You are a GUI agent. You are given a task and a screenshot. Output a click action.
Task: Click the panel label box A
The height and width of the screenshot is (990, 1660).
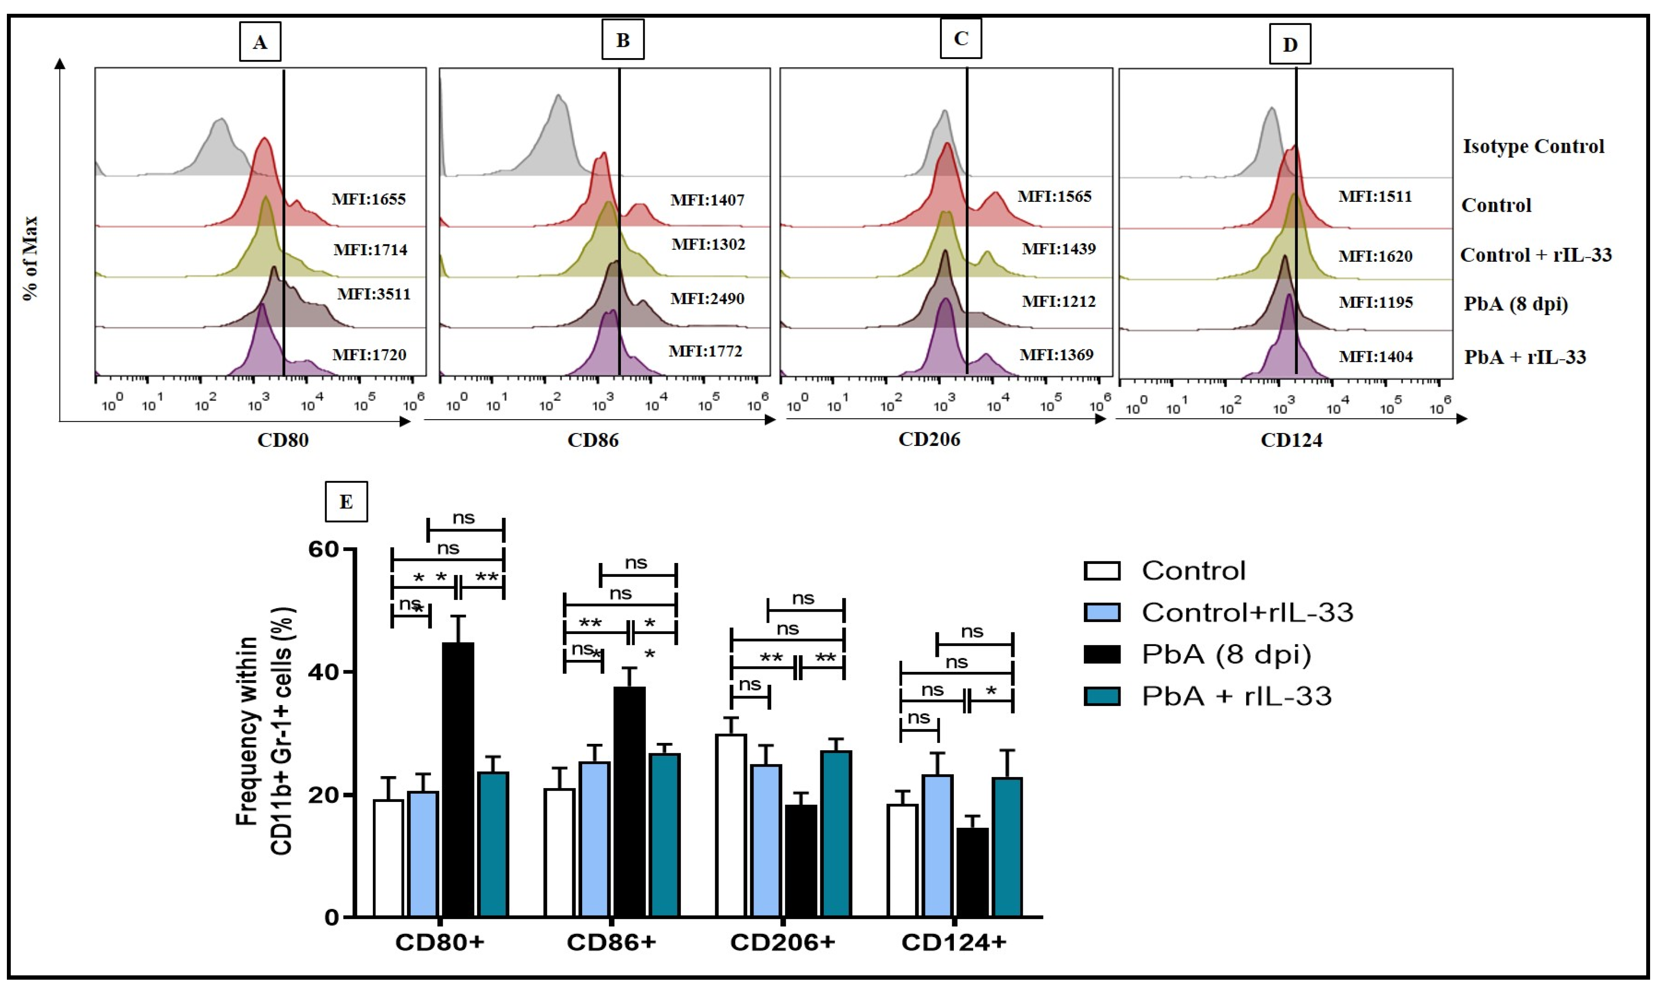(x=260, y=42)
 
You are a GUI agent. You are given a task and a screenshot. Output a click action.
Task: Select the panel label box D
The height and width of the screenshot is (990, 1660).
(x=1289, y=45)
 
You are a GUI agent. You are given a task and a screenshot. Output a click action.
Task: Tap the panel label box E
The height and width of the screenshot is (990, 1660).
(x=346, y=501)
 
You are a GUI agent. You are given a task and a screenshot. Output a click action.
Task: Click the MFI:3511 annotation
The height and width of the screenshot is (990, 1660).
(x=374, y=294)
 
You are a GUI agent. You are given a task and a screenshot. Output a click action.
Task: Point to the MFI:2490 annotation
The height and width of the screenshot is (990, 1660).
(x=707, y=298)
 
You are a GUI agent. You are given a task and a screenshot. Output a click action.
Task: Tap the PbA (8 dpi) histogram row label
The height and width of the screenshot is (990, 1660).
(x=1515, y=304)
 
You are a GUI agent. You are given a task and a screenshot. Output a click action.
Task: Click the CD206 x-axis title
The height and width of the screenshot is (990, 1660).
(x=929, y=439)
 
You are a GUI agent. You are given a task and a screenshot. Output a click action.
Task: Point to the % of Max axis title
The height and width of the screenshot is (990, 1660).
(x=31, y=258)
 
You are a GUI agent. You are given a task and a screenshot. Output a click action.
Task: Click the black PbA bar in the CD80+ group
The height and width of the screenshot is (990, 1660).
(x=458, y=779)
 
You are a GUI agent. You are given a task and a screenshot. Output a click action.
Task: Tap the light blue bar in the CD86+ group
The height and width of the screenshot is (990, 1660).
(x=594, y=839)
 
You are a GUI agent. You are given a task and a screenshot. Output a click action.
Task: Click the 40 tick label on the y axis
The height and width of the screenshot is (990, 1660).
(x=323, y=672)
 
